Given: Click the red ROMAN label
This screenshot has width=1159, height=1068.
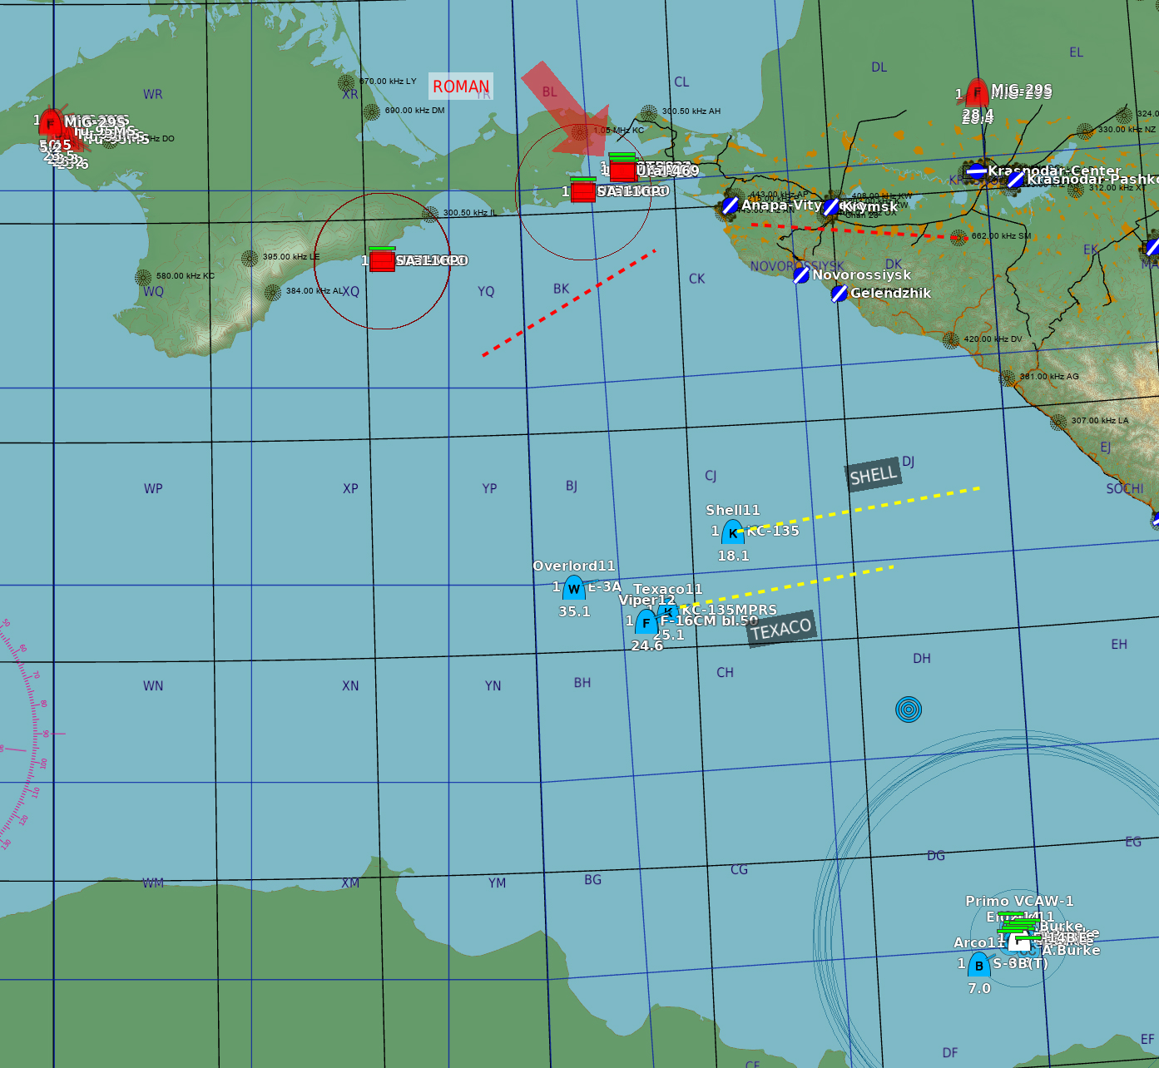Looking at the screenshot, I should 461,87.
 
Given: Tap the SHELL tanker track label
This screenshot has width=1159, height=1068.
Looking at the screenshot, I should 873,475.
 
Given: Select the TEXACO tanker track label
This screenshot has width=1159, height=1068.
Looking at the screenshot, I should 780,630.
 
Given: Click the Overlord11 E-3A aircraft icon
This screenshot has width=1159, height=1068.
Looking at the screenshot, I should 574,589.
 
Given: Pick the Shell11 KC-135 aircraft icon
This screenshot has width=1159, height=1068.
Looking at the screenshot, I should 732,532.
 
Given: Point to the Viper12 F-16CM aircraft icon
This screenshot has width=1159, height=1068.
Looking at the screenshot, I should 646,622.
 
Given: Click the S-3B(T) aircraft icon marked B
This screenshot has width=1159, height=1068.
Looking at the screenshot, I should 978,965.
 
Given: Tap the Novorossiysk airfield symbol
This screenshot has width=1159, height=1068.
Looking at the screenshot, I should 801,274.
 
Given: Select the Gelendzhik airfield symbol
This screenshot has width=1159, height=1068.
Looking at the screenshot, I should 840,293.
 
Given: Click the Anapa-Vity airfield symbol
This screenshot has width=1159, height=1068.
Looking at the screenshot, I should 730,205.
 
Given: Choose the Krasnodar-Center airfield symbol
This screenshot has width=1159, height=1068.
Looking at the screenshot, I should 977,171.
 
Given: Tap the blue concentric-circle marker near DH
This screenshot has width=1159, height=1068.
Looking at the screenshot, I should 909,710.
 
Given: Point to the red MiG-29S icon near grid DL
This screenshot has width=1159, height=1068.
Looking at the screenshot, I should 978,92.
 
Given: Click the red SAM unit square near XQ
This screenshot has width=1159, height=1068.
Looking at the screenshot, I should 382,260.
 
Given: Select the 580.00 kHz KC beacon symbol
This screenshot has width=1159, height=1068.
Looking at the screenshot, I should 143,277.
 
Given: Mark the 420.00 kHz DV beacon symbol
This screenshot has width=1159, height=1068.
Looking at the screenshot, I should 951,339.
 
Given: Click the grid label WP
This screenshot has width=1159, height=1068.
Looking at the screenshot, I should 153,488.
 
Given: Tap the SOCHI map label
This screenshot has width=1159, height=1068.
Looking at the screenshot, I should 1124,488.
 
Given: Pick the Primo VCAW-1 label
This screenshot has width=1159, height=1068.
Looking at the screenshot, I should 1019,901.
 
